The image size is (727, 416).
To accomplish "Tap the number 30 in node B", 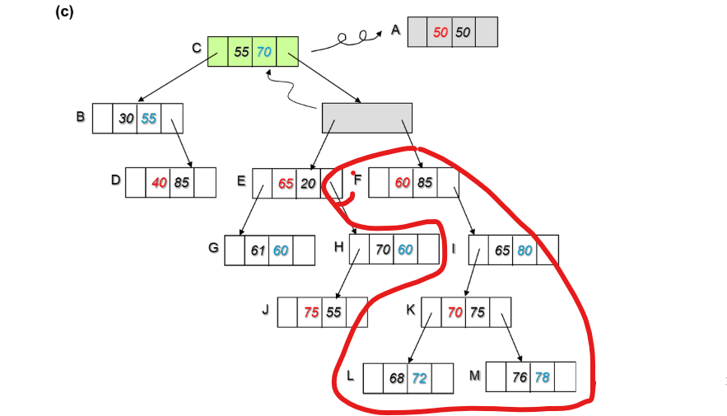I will click(x=126, y=119).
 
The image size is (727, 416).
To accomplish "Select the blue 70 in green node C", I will click(x=264, y=52).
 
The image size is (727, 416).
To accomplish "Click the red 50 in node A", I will click(x=440, y=31).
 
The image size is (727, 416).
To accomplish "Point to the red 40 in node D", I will click(x=159, y=183).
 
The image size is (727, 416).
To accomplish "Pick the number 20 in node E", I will click(x=308, y=184).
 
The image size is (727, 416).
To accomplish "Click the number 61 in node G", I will click(x=259, y=250).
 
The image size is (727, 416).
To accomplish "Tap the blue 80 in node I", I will click(x=524, y=250).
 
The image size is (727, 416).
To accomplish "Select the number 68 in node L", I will click(x=397, y=378).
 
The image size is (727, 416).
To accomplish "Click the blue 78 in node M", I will click(x=542, y=376).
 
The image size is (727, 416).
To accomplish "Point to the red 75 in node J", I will click(x=311, y=312).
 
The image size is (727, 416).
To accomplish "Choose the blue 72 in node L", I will click(x=420, y=378).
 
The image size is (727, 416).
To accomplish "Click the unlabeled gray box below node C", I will click(x=366, y=118).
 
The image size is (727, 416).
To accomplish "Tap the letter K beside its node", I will click(x=411, y=310).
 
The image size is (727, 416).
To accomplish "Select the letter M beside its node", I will click(x=474, y=376).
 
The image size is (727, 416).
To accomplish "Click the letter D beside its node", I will click(x=116, y=180).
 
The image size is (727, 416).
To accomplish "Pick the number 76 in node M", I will click(x=519, y=376).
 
